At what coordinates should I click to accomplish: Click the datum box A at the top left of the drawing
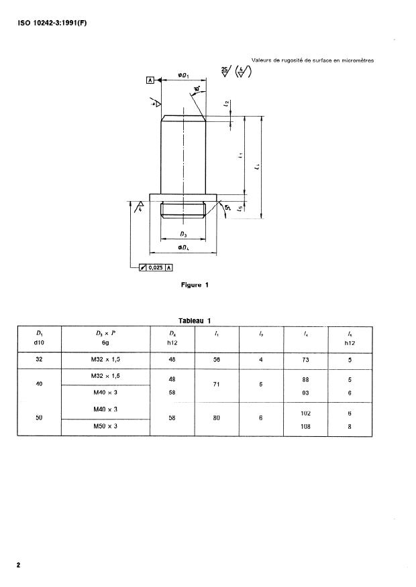pyautogui.click(x=150, y=80)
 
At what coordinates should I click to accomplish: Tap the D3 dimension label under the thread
pyautogui.click(x=183, y=235)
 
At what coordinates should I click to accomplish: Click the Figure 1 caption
pyautogui.click(x=195, y=285)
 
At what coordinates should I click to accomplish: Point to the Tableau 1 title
pyautogui.click(x=195, y=320)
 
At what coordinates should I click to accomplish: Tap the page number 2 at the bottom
pyautogui.click(x=19, y=565)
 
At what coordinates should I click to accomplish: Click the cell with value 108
pyautogui.click(x=307, y=427)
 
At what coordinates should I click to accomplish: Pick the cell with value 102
pyautogui.click(x=307, y=413)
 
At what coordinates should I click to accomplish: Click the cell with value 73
pyautogui.click(x=307, y=358)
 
